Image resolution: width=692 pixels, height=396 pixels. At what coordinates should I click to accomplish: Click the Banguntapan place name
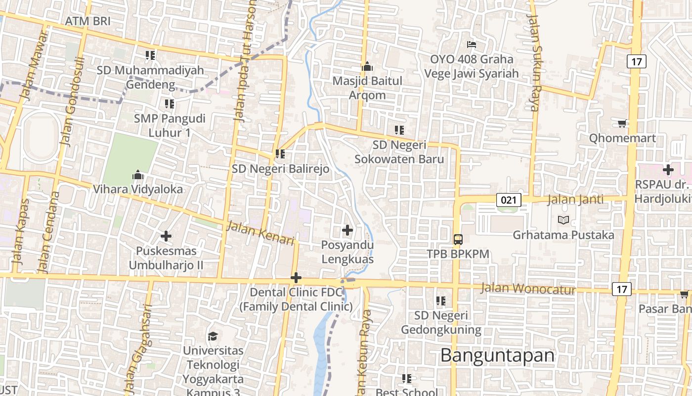[x=497, y=355]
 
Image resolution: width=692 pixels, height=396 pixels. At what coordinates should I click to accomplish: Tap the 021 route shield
[x=509, y=200]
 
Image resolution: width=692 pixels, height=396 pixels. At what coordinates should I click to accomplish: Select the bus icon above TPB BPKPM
[x=458, y=240]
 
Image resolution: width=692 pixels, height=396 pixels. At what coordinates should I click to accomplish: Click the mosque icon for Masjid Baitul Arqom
[x=367, y=66]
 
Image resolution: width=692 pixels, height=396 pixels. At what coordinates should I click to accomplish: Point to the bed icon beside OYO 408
[x=472, y=45]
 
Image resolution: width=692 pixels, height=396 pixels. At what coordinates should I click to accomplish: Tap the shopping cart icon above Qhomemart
[x=622, y=123]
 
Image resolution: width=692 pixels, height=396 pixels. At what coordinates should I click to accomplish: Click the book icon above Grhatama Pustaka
[x=563, y=220]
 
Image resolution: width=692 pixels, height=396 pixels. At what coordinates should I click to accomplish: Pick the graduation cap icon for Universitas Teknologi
[x=213, y=337]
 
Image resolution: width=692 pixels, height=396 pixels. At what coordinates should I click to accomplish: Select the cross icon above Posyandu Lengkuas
[x=347, y=230]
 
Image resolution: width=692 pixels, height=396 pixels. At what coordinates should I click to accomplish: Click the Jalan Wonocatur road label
[x=528, y=288]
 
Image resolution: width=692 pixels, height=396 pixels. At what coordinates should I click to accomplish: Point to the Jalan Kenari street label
[x=260, y=233]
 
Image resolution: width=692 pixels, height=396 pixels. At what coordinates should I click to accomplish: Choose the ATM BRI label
[x=87, y=21]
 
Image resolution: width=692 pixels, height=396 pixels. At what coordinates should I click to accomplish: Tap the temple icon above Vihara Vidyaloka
[x=138, y=175]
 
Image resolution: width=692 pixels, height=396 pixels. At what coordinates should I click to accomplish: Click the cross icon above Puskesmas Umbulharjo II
[x=166, y=236]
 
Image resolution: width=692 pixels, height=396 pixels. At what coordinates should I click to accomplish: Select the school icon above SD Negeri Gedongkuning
[x=441, y=301]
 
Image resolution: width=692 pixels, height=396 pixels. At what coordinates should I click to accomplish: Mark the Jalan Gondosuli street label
[x=73, y=101]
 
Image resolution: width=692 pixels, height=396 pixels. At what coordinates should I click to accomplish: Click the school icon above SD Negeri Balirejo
[x=280, y=154]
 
